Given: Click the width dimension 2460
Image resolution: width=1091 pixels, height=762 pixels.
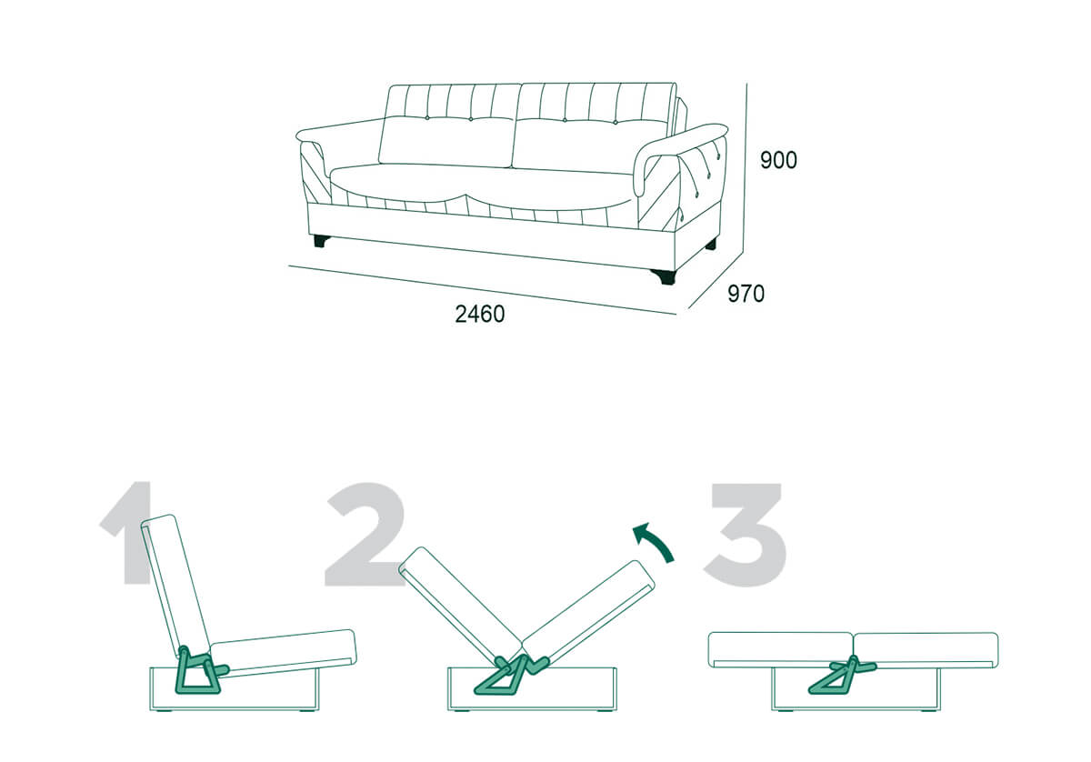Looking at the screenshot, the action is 480,315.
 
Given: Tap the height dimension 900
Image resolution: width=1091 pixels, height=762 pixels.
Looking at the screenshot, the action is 778,160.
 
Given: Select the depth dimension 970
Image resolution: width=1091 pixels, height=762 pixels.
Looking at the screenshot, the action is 746,294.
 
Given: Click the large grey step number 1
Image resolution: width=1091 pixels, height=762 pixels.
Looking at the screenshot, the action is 125,533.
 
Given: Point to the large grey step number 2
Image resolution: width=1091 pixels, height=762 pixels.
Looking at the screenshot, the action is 365,534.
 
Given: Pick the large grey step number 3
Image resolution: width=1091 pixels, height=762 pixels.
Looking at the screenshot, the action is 746,535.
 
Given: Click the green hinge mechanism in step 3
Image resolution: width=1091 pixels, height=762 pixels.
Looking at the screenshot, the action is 842,676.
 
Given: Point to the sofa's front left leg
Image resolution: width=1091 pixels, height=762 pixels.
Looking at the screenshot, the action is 320,241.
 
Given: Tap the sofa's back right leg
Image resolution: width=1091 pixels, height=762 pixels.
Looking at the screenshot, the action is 711,244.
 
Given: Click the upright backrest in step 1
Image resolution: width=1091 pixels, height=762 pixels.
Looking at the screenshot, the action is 175,587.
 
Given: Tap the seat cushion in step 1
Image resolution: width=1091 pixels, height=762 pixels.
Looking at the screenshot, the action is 284,652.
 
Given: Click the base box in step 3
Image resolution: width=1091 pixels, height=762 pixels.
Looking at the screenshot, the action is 856,689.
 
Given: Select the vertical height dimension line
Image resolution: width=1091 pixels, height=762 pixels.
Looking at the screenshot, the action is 746,165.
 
